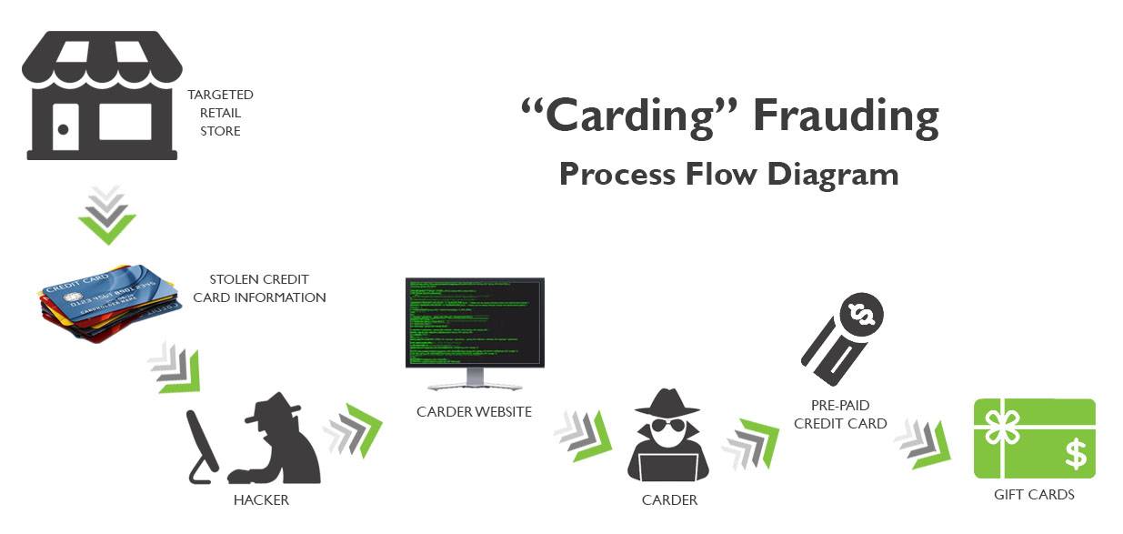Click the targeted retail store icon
[102, 96]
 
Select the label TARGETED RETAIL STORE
[220, 113]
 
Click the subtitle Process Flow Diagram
[728, 174]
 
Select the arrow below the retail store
[106, 216]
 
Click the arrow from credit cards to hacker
[174, 368]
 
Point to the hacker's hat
[272, 406]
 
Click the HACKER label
[261, 499]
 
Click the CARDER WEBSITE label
[474, 412]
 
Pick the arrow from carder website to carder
[583, 435]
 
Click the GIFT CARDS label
[1034, 495]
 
